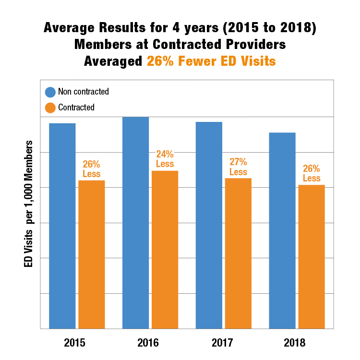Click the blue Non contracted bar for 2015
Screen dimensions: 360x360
[x=62, y=226]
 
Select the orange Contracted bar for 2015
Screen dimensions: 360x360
[x=92, y=254]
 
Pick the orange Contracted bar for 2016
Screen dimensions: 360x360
[x=165, y=250]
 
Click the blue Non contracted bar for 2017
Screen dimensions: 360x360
[x=209, y=225]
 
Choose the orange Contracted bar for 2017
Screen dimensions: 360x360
[x=238, y=253]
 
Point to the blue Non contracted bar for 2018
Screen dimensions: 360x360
[x=282, y=230]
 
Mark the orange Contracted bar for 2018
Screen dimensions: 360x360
[x=312, y=256]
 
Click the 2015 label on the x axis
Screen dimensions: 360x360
[x=75, y=343]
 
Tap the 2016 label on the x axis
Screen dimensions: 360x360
[x=148, y=343]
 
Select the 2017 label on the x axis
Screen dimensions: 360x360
[x=221, y=343]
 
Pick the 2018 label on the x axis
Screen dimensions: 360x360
[x=294, y=343]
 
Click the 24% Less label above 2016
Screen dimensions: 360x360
[x=165, y=159]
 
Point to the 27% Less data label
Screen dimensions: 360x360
[x=238, y=167]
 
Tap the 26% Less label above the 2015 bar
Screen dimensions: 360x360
[x=92, y=169]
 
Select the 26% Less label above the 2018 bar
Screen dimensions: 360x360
[x=312, y=173]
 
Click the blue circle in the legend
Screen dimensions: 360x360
[x=50, y=92]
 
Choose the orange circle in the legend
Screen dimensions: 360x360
[x=50, y=108]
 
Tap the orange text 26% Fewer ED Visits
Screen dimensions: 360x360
[x=211, y=61]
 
